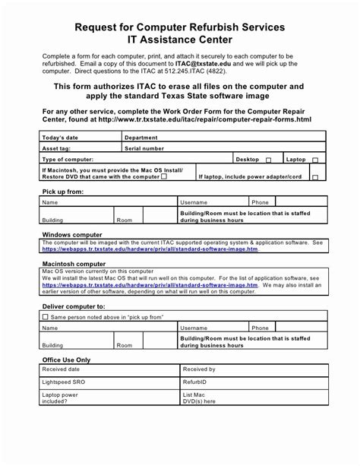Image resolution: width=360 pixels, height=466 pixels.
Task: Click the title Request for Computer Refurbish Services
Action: point(180,27)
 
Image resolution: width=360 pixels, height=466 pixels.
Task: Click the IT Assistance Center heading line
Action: point(180,40)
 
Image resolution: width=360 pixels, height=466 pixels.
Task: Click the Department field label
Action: point(141,138)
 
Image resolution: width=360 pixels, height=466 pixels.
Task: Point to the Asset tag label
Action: point(57,148)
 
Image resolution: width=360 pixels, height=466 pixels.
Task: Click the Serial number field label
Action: point(144,148)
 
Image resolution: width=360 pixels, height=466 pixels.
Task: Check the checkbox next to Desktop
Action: point(268,160)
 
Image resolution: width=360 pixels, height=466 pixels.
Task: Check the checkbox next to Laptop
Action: point(315,160)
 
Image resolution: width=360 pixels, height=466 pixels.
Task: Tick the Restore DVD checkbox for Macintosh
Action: point(165,176)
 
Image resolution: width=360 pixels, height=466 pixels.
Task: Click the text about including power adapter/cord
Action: point(250,176)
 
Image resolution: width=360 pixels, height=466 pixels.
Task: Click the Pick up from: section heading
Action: point(63,192)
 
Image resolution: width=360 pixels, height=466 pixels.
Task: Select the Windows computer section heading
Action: point(72,235)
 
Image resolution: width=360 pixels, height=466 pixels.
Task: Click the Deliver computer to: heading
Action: point(73,306)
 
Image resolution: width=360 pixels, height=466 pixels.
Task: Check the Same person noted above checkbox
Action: point(46,316)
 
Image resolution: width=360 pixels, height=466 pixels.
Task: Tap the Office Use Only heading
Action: point(66,360)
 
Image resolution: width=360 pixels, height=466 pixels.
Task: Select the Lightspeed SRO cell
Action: point(65,383)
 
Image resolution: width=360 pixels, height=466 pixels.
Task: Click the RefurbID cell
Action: point(194,383)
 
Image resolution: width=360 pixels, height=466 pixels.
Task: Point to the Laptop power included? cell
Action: point(60,398)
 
